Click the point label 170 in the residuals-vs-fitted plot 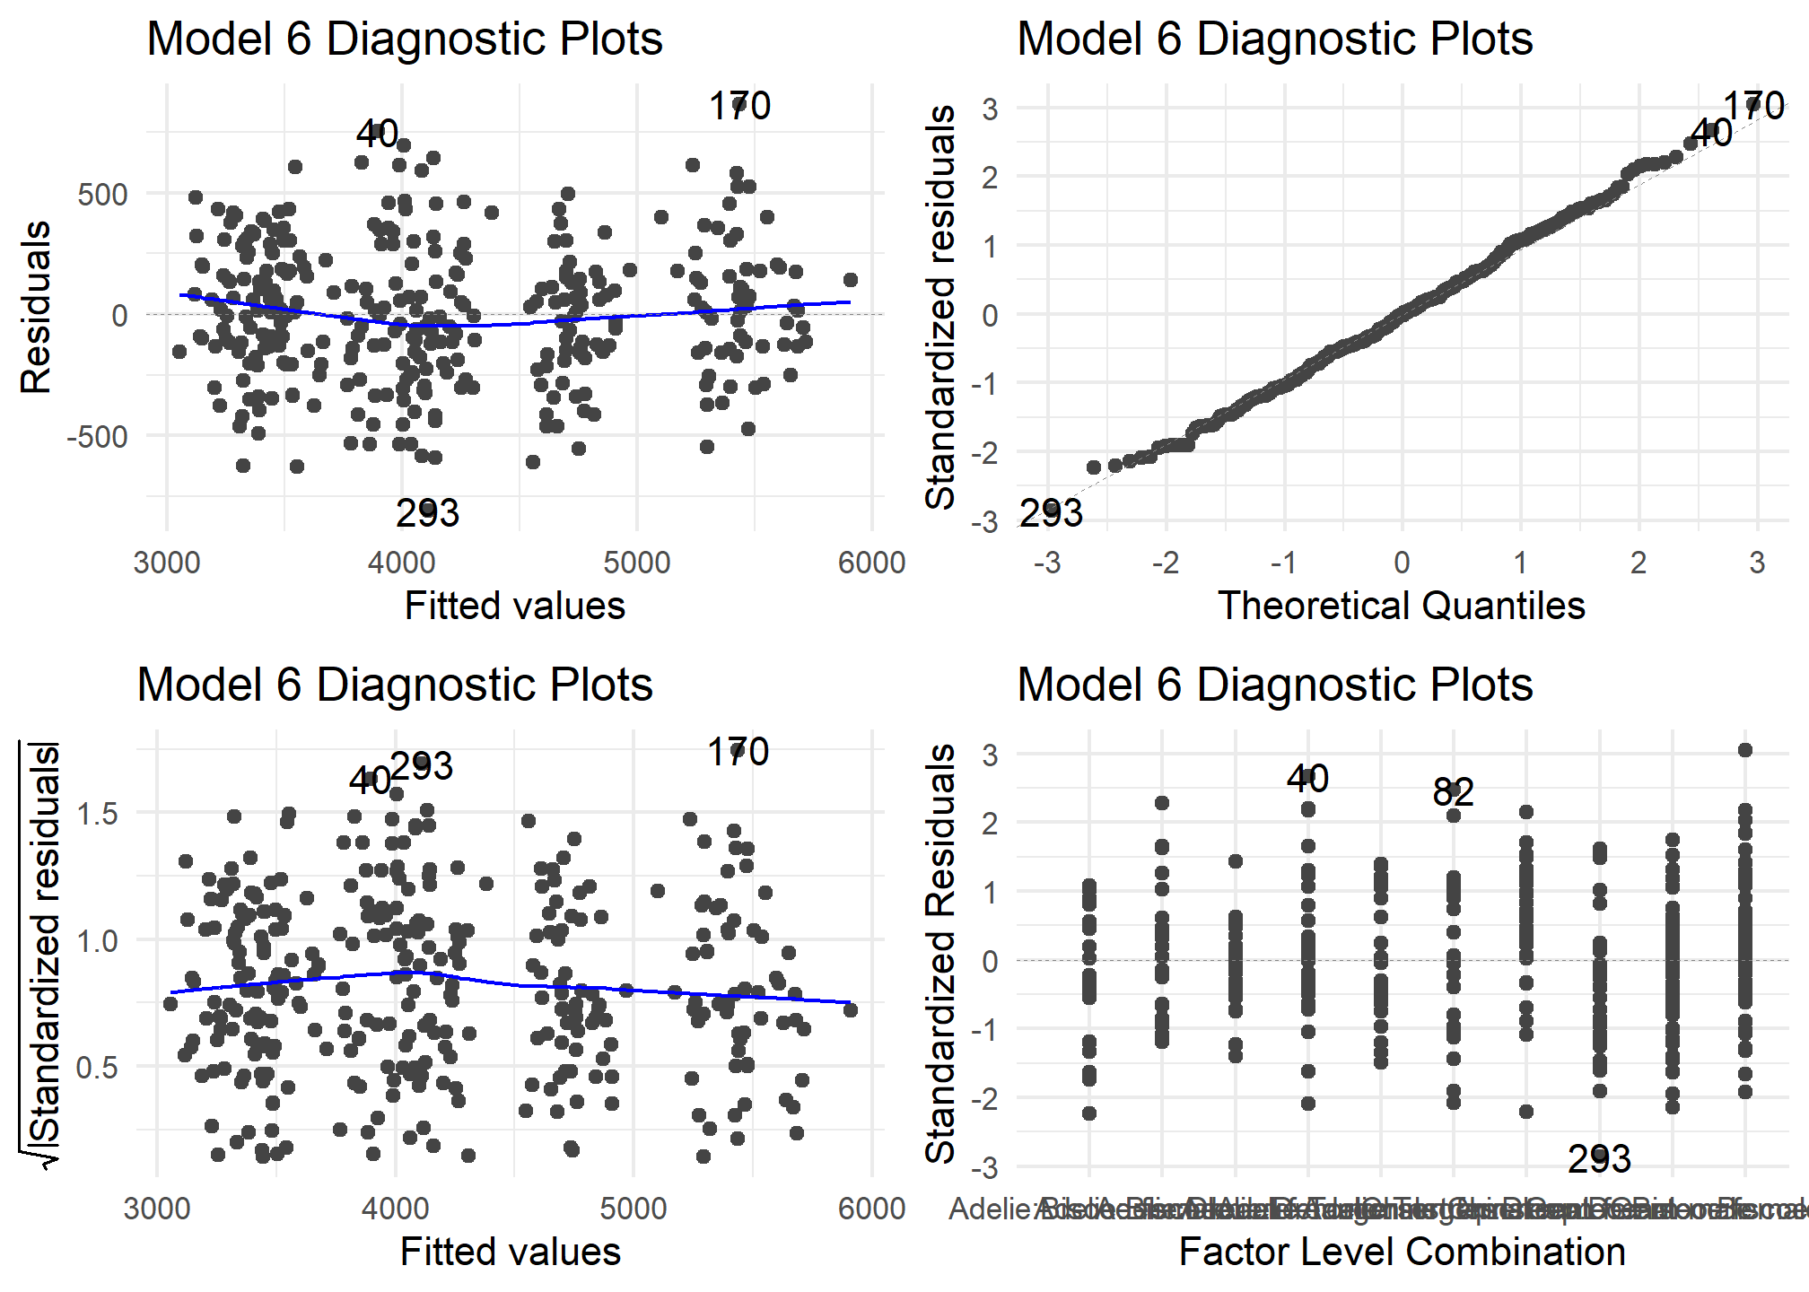click(x=739, y=106)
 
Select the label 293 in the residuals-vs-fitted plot click(x=427, y=513)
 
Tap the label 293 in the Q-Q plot click(x=1052, y=513)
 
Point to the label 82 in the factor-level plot click(x=1453, y=792)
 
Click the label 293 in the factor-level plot click(x=1599, y=1159)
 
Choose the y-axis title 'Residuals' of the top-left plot click(x=37, y=308)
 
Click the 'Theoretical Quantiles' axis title click(x=1401, y=606)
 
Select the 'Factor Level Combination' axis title click(x=1402, y=1252)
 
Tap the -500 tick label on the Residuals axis click(x=97, y=437)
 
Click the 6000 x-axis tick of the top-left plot click(x=871, y=563)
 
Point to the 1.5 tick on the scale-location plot click(x=97, y=814)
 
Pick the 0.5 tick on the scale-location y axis click(x=97, y=1067)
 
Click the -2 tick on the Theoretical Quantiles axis click(x=1165, y=563)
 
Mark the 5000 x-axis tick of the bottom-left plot click(x=634, y=1209)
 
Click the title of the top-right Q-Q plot click(x=1274, y=39)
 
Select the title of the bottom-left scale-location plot click(x=395, y=685)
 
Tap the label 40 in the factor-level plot click(x=1307, y=779)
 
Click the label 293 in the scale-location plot click(x=422, y=766)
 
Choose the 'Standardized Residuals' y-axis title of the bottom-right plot click(x=940, y=953)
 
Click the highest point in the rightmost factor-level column click(x=1745, y=750)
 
